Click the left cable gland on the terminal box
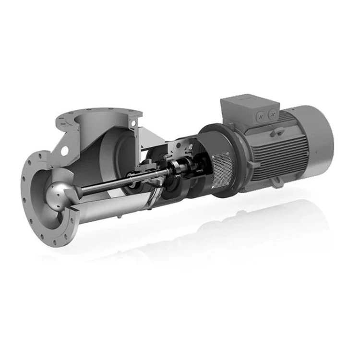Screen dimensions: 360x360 click(261, 115)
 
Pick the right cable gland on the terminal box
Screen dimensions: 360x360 click(272, 115)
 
